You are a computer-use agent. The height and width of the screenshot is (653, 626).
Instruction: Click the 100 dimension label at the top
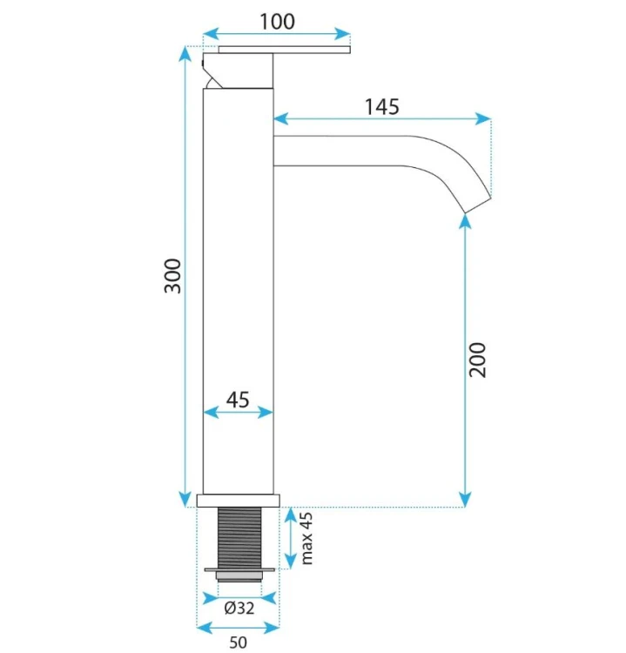277,21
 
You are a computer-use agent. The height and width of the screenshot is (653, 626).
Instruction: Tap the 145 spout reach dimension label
382,106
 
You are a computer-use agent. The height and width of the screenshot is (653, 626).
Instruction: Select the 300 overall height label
173,276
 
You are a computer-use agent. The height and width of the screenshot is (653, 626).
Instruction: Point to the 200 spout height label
477,360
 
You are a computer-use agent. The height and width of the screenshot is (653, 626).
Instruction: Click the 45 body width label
238,400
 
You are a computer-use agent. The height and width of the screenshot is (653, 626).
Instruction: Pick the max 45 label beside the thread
306,538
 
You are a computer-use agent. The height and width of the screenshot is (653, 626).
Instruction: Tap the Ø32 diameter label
239,608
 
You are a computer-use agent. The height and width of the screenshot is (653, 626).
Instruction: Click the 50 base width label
238,642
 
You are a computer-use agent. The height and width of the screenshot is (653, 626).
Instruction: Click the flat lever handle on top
285,50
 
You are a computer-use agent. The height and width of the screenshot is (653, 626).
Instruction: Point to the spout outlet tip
478,206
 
